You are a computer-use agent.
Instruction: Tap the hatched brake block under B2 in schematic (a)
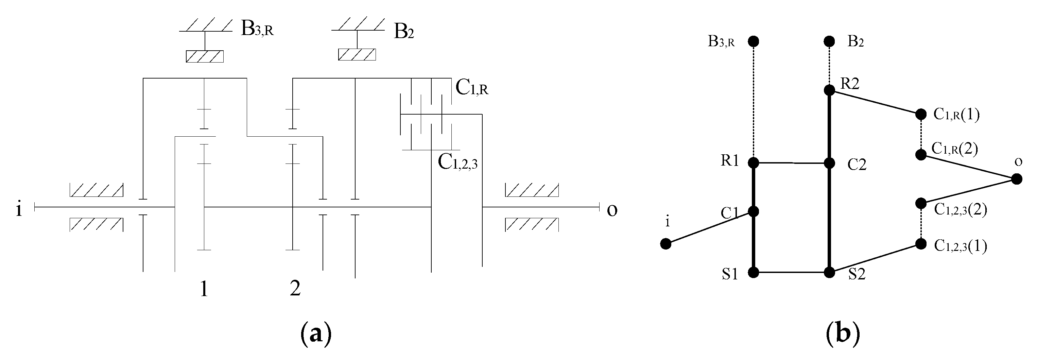coord(357,55)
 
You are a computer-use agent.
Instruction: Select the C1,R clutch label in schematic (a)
coord(471,88)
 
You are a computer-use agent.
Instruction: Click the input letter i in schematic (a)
coord(18,209)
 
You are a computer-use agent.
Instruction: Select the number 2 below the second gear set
coord(295,288)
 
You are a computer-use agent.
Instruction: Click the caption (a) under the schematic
coord(316,334)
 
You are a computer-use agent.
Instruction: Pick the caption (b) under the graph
coord(843,334)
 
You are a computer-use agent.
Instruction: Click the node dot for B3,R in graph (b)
coord(754,41)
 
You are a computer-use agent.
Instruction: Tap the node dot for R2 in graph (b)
coord(829,90)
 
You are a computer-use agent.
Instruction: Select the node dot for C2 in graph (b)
coord(829,164)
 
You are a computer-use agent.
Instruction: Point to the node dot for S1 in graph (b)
coord(754,273)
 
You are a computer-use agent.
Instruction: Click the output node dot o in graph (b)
coord(1017,179)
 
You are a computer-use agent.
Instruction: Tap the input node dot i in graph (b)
coord(666,244)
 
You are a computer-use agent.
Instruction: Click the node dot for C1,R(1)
coord(921,114)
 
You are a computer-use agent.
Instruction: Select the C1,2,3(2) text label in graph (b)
coord(960,210)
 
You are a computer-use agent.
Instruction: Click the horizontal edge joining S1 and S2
coord(792,273)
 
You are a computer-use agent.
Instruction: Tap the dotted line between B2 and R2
coord(829,66)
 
